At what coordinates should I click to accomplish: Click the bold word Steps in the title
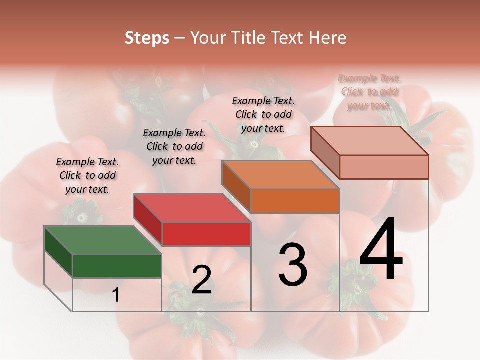click(x=147, y=38)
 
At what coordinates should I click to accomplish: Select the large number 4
click(x=381, y=250)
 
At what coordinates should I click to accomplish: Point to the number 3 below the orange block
click(x=293, y=265)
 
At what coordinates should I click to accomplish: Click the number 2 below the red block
click(x=201, y=280)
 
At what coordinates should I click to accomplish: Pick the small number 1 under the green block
click(x=116, y=295)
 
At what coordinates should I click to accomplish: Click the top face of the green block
click(x=102, y=240)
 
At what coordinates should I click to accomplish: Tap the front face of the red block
click(x=206, y=234)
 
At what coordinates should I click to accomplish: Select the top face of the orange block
click(x=280, y=175)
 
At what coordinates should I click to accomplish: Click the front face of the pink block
click(x=384, y=167)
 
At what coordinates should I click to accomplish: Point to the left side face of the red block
click(x=148, y=220)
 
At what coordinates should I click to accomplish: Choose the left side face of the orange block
click(x=236, y=186)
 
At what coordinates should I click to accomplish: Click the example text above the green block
click(x=88, y=175)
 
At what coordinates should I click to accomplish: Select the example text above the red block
click(x=174, y=146)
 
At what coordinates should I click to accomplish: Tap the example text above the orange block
click(x=263, y=114)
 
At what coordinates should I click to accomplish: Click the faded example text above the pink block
click(x=369, y=92)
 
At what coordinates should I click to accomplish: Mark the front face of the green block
click(x=117, y=266)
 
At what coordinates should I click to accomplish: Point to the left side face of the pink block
click(x=325, y=153)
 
